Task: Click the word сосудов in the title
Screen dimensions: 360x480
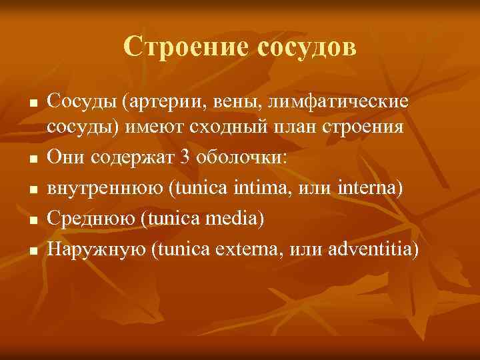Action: tap(302, 47)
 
